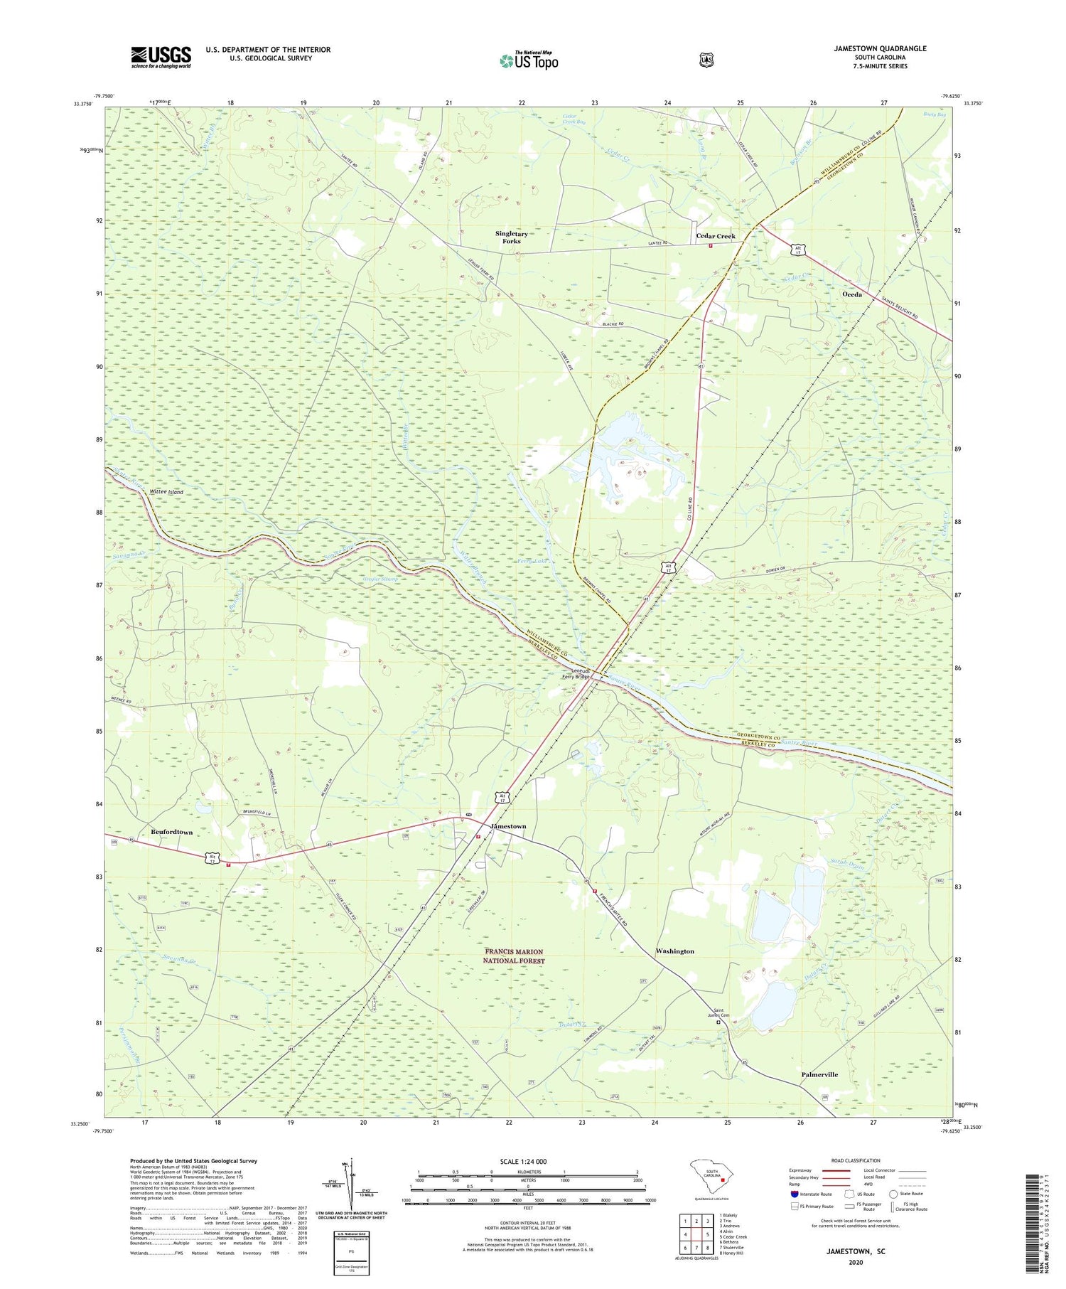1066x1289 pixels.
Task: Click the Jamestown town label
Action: [508, 826]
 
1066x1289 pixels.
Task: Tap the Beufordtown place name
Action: [171, 832]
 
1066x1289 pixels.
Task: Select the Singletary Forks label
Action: [512, 237]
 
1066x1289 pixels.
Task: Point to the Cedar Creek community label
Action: [716, 236]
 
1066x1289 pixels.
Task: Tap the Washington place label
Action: [674, 951]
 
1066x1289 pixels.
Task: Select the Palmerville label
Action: [819, 1075]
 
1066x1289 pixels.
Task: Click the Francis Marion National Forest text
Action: [514, 956]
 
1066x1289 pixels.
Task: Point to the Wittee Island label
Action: [166, 492]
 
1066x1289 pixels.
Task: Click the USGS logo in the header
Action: [161, 57]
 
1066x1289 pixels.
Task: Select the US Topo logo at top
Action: [529, 60]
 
